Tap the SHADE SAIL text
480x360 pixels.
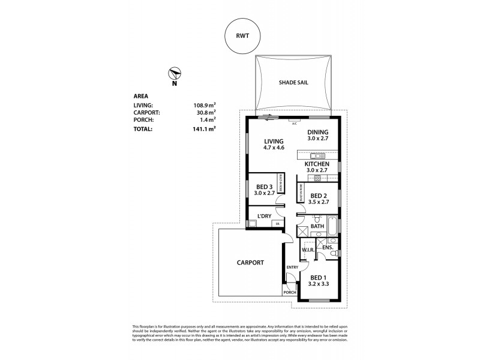(294, 83)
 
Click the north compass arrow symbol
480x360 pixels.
(175, 74)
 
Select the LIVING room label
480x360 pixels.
(273, 141)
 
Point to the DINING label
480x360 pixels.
(318, 133)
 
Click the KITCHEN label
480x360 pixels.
(317, 164)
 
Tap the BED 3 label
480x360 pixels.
(264, 187)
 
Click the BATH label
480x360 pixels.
(317, 226)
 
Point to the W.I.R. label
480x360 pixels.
(309, 249)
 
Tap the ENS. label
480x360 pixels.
(328, 247)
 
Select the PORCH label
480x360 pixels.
(290, 292)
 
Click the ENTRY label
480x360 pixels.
(292, 267)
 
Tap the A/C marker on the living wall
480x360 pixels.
(294, 123)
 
